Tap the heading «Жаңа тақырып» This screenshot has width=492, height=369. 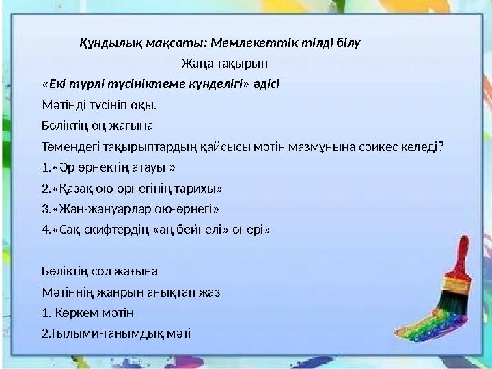[x=224, y=63]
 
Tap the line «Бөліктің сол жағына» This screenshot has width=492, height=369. [x=99, y=271]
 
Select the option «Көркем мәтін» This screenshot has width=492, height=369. [x=92, y=312]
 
